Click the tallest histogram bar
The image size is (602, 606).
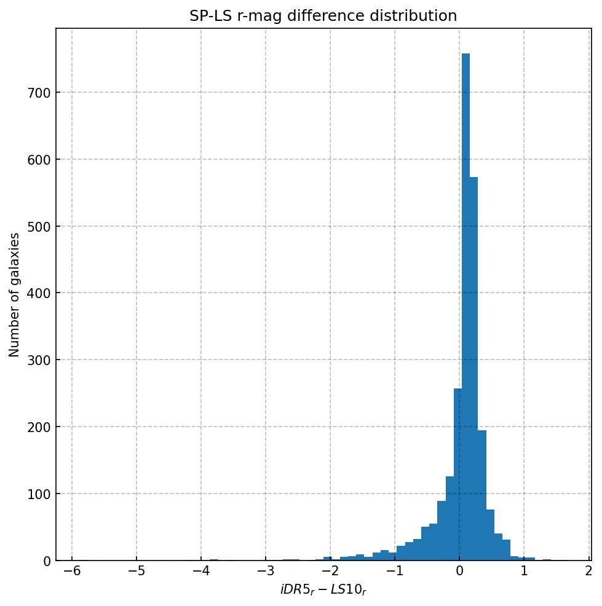pyautogui.click(x=465, y=307)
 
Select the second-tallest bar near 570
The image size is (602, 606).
pyautogui.click(x=473, y=369)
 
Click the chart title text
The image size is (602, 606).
pyautogui.click(x=323, y=16)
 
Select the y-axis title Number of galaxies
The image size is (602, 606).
pyautogui.click(x=14, y=294)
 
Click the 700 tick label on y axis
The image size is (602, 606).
pyautogui.click(x=39, y=93)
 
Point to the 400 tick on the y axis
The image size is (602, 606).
pyautogui.click(x=39, y=293)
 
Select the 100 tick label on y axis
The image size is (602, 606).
pyautogui.click(x=39, y=494)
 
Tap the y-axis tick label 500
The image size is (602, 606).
pyautogui.click(x=39, y=226)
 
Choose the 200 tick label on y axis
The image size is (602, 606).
pyautogui.click(x=39, y=427)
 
